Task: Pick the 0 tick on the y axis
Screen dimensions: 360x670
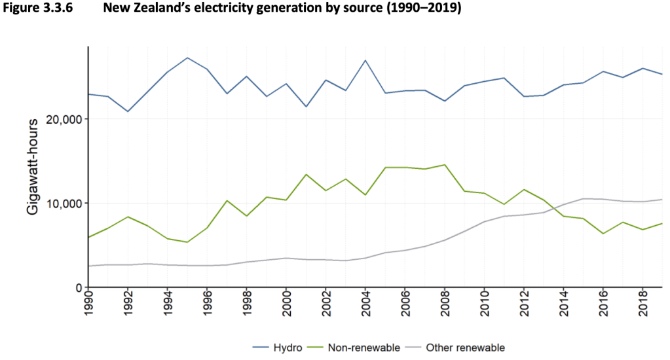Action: point(78,288)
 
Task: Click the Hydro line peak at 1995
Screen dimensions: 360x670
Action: point(187,58)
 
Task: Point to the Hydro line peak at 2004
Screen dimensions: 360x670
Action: point(365,60)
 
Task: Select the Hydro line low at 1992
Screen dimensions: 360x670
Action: point(128,111)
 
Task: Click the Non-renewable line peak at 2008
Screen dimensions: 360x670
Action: point(445,165)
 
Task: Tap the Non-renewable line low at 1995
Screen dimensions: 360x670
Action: point(187,242)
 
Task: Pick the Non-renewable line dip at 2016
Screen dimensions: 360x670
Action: point(603,234)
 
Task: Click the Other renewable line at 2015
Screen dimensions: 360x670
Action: point(583,198)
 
